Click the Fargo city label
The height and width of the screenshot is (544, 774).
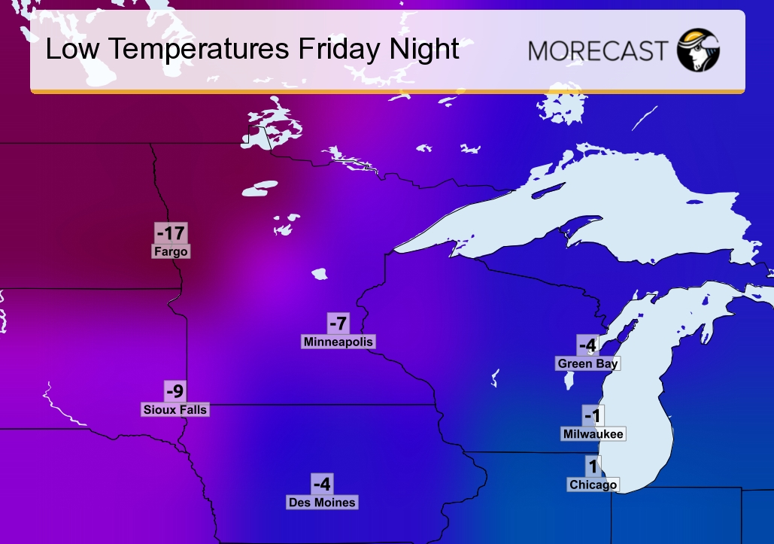pyautogui.click(x=171, y=251)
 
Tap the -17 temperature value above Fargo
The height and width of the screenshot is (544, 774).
pyautogui.click(x=171, y=232)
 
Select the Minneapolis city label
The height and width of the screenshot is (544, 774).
pyautogui.click(x=338, y=342)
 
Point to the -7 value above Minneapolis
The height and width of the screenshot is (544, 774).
pyautogui.click(x=338, y=324)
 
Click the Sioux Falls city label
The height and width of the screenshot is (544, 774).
pyautogui.click(x=175, y=409)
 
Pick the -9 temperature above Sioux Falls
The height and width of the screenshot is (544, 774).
pyautogui.click(x=175, y=391)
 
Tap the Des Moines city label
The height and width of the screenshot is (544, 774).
pyautogui.click(x=322, y=502)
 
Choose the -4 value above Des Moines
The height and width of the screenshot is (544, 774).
pyautogui.click(x=322, y=484)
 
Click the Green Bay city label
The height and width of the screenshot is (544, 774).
pyautogui.click(x=587, y=363)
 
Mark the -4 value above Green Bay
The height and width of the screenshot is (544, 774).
pyautogui.click(x=587, y=345)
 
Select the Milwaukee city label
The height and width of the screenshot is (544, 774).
pyautogui.click(x=593, y=434)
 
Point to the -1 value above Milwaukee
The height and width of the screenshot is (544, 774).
pyautogui.click(x=593, y=415)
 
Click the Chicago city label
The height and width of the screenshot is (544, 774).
pyautogui.click(x=593, y=485)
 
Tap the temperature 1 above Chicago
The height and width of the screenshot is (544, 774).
pyautogui.click(x=593, y=466)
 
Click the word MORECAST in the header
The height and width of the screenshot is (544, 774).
pyautogui.click(x=597, y=50)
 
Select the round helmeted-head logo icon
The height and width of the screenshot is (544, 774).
pyautogui.click(x=698, y=50)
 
